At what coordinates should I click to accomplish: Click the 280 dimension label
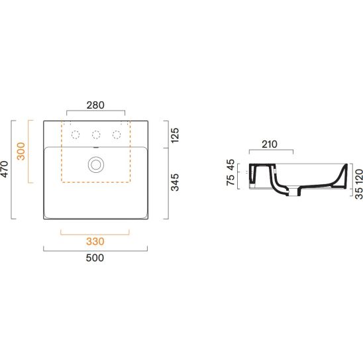(x=95, y=105)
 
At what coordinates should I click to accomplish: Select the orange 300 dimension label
(x=21, y=151)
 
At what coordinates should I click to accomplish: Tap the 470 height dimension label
(x=5, y=169)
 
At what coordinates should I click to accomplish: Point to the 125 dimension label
(x=175, y=135)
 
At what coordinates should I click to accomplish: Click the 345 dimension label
(x=175, y=182)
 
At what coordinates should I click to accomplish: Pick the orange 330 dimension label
(x=95, y=242)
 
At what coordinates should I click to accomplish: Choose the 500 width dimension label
(x=95, y=258)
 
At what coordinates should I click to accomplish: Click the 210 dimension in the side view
(x=270, y=144)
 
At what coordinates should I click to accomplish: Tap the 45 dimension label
(x=231, y=164)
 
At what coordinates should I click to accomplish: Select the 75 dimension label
(x=231, y=180)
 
